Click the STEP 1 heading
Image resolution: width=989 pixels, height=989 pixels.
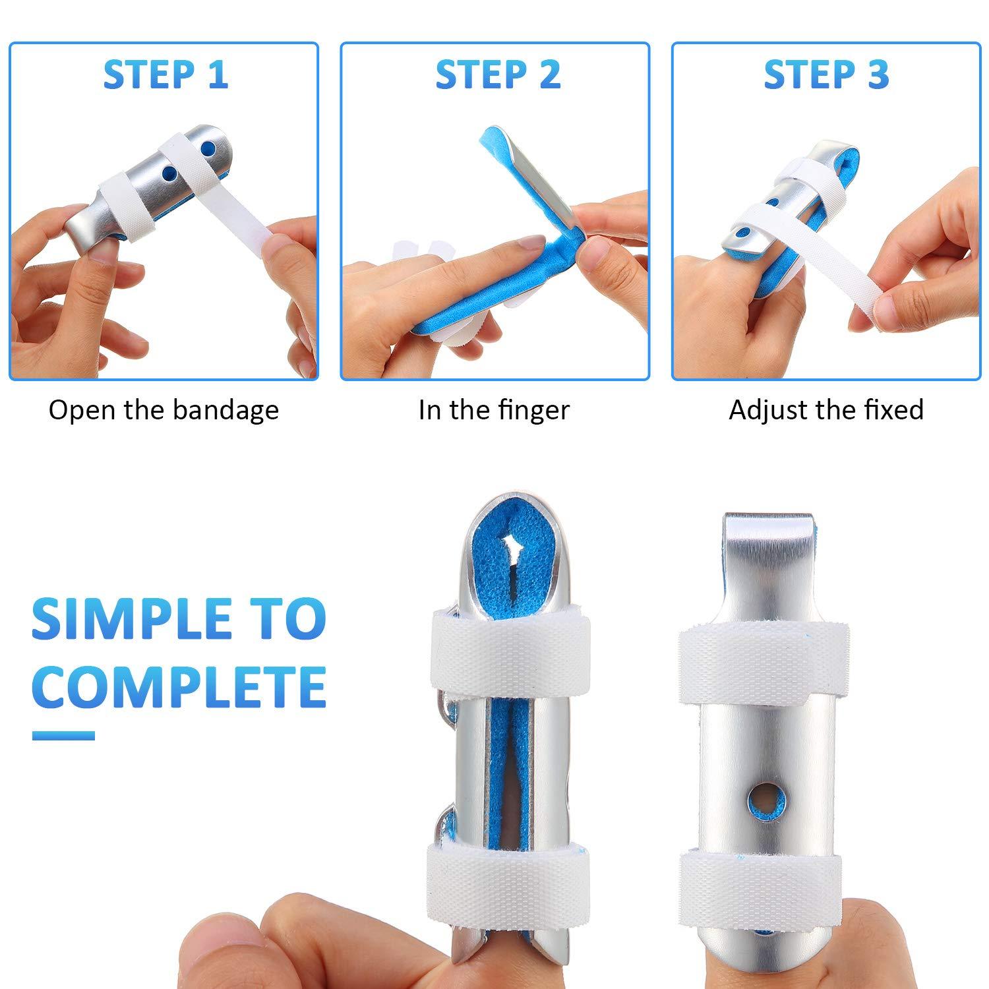point(165,75)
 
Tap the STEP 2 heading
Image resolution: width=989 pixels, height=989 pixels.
point(498,75)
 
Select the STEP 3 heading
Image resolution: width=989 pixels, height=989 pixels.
point(826,75)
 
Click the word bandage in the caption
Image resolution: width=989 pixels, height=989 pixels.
point(226,411)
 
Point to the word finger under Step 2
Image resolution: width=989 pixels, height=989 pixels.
point(533,411)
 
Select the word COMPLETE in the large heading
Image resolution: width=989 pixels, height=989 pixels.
point(179,686)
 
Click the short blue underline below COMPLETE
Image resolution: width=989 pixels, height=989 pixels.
point(63,736)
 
